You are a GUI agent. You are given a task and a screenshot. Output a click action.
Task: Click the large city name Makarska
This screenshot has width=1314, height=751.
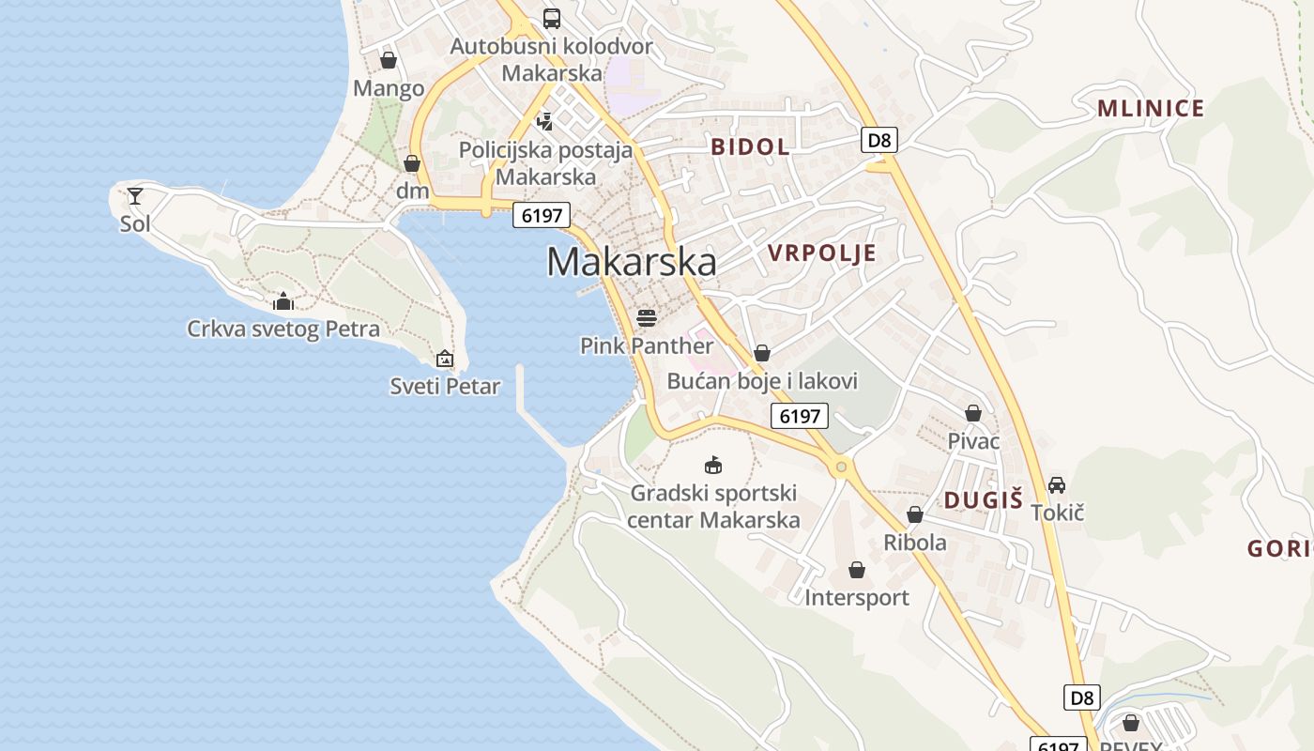(632, 262)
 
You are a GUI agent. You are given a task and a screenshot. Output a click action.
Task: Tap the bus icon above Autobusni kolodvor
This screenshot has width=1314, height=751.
(552, 18)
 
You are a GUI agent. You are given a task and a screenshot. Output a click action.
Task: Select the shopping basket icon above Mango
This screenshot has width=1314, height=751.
(389, 60)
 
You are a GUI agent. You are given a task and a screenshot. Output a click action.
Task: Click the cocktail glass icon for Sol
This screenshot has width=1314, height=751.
(135, 195)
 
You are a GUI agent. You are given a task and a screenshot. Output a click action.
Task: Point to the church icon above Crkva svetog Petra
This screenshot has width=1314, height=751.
(283, 301)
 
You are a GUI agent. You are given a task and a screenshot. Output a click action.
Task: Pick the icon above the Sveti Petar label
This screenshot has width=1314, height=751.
(445, 359)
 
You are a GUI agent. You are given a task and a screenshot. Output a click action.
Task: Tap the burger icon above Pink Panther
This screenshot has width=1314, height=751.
(646, 317)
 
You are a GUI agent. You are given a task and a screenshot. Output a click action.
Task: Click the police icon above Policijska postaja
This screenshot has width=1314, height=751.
(545, 121)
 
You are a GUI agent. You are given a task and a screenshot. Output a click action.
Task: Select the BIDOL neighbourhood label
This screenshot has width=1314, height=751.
(750, 146)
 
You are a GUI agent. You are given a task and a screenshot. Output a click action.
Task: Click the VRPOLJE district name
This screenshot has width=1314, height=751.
(822, 253)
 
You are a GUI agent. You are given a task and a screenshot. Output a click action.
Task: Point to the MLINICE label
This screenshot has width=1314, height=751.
(1151, 109)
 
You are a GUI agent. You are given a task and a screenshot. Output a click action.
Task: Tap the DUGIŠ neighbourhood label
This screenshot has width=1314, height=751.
(984, 500)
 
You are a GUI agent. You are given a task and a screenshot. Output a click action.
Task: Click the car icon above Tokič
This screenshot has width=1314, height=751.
(1057, 484)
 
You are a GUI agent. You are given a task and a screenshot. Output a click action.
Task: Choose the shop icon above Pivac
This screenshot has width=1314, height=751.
(973, 413)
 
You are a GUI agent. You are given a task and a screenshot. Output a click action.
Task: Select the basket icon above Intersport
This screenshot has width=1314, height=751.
(857, 570)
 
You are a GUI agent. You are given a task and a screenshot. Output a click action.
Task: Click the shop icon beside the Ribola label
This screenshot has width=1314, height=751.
(915, 514)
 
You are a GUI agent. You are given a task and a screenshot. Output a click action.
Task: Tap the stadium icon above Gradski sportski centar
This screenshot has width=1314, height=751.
(713, 465)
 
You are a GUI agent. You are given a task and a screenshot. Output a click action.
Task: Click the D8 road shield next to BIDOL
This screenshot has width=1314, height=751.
(879, 141)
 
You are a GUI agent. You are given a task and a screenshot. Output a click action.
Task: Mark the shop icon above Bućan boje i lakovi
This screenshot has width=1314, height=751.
(762, 353)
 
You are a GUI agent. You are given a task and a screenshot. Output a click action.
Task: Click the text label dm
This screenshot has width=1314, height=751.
(412, 192)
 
